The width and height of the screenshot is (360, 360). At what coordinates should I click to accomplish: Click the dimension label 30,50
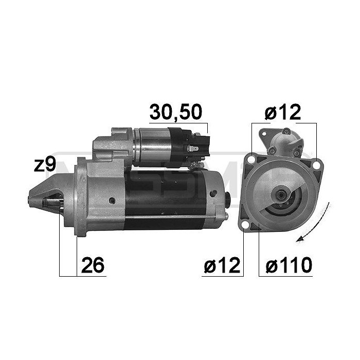[175, 112]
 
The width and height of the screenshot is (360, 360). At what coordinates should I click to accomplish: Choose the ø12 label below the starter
[221, 265]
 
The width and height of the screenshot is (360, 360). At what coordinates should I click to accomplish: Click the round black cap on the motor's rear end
[229, 199]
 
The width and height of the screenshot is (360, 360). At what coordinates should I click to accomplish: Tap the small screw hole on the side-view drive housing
[112, 199]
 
